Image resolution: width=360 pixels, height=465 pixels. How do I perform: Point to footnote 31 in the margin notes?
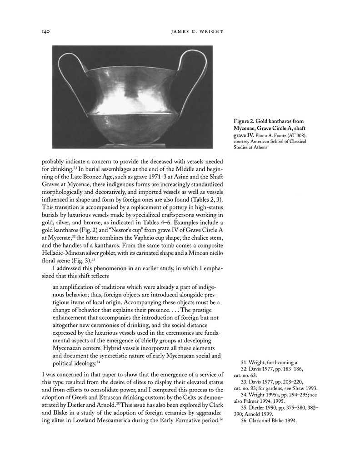(x=269, y=362)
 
